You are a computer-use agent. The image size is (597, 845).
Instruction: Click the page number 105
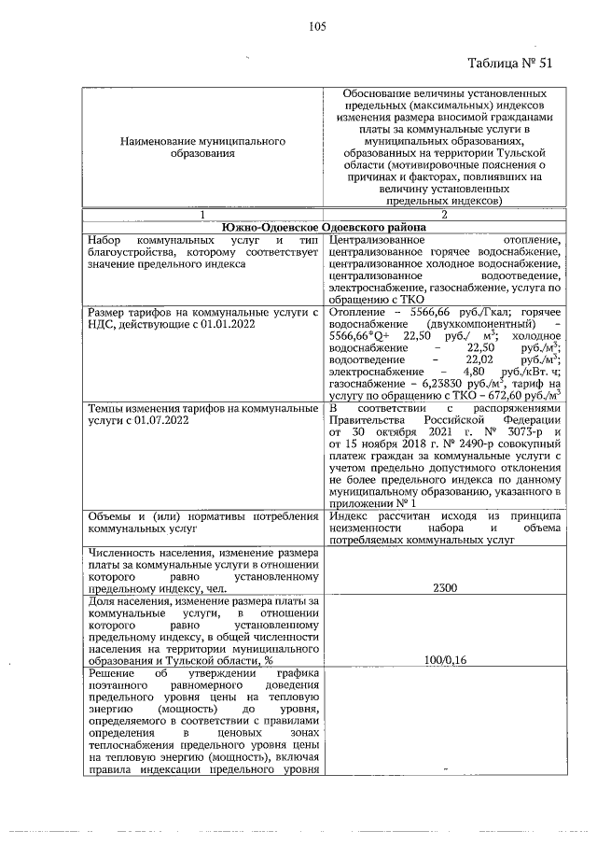click(316, 26)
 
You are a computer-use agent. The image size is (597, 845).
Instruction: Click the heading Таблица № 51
click(509, 63)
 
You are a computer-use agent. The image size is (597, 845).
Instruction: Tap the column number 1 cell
click(201, 214)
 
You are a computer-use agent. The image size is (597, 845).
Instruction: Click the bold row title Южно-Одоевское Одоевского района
click(323, 227)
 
